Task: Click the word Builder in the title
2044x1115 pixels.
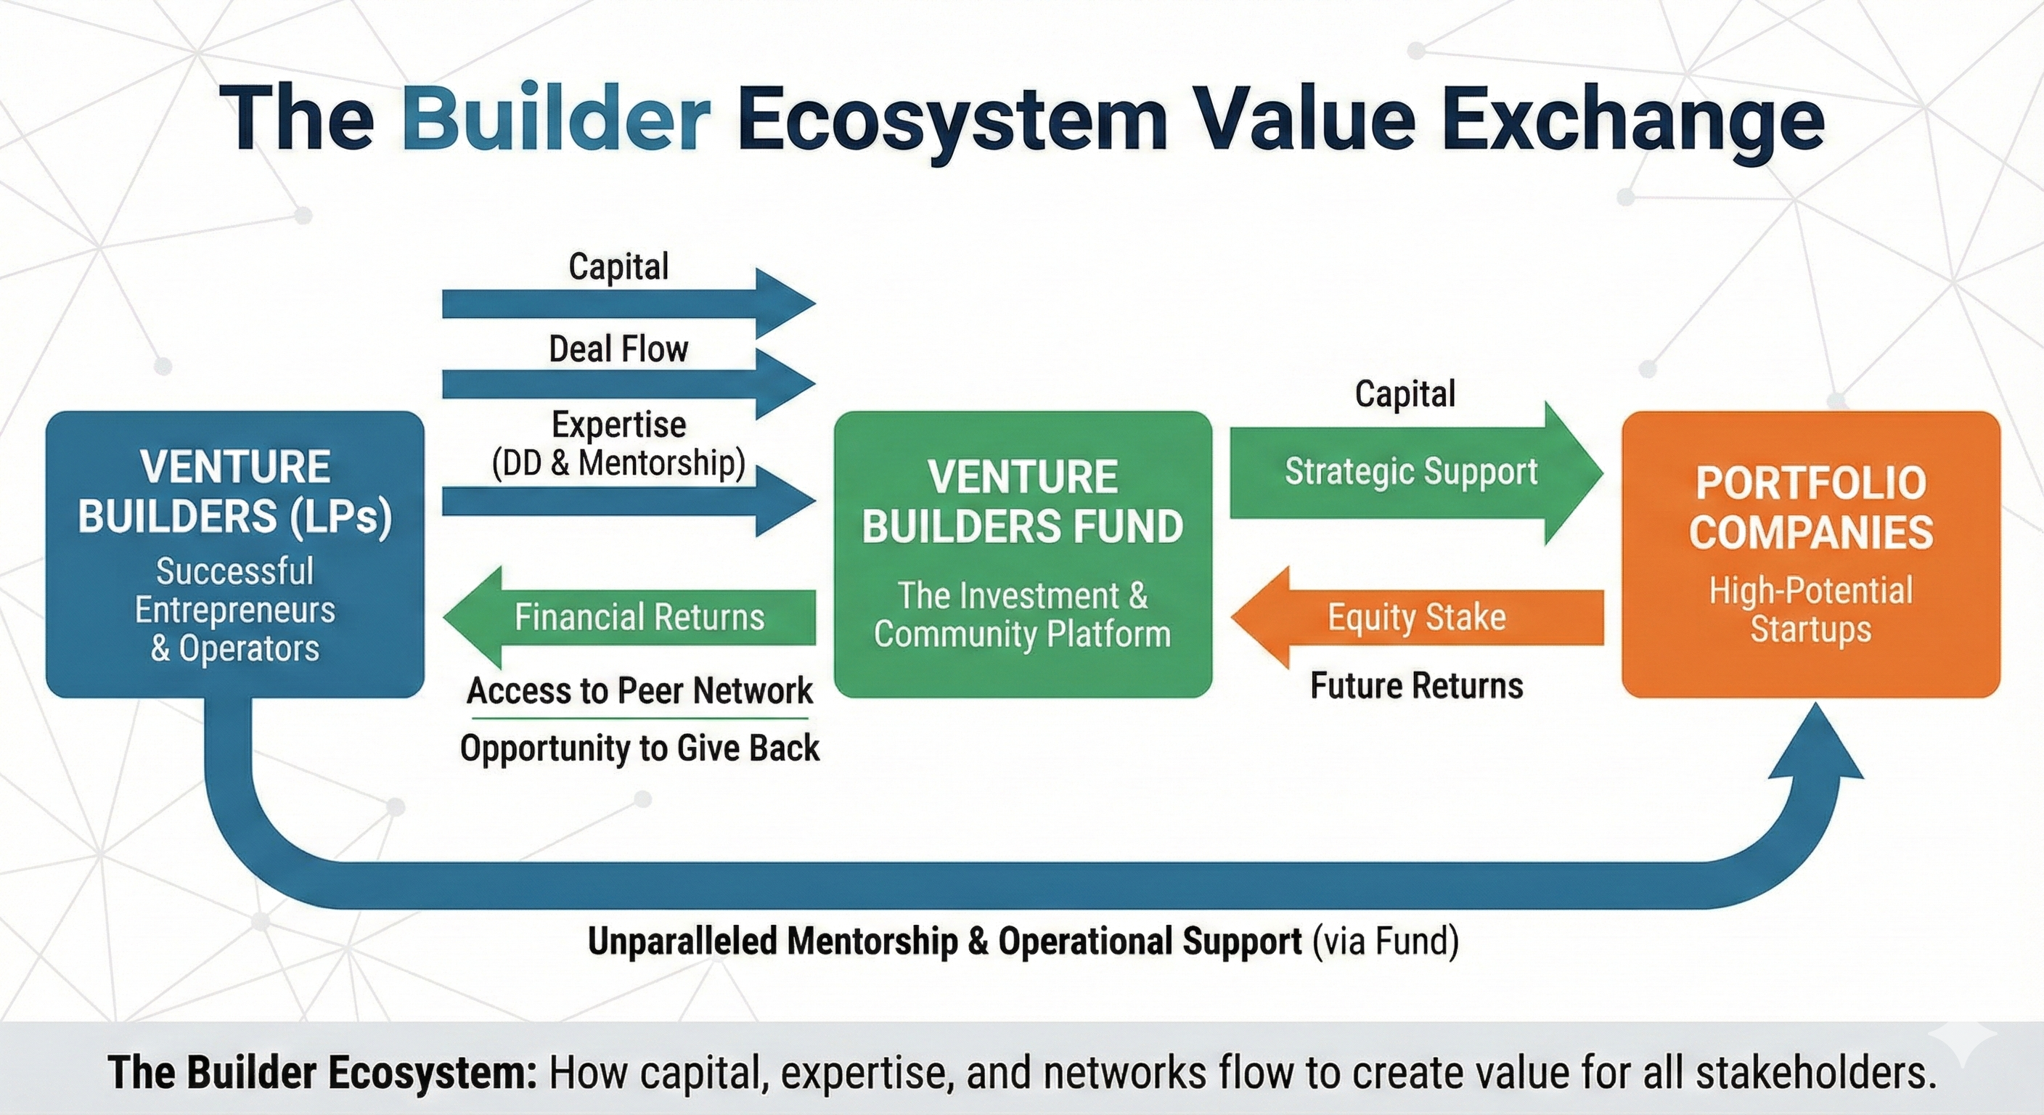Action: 555,119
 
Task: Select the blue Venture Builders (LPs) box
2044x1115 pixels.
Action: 235,553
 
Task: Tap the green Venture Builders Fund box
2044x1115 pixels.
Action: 1022,553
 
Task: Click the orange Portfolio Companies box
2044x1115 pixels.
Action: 1810,553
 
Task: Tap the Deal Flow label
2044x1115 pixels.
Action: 618,349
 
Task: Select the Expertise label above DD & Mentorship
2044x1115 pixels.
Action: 618,425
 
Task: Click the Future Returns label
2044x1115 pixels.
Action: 1416,686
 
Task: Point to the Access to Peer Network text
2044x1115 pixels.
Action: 639,690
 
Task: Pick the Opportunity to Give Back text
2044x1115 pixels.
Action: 639,748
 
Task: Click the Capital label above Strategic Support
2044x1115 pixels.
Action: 1405,393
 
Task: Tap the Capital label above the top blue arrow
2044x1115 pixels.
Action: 618,266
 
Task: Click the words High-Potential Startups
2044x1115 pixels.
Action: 1810,610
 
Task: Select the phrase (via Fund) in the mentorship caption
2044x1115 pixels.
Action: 1385,942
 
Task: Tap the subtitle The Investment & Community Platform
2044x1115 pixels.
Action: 1022,615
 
